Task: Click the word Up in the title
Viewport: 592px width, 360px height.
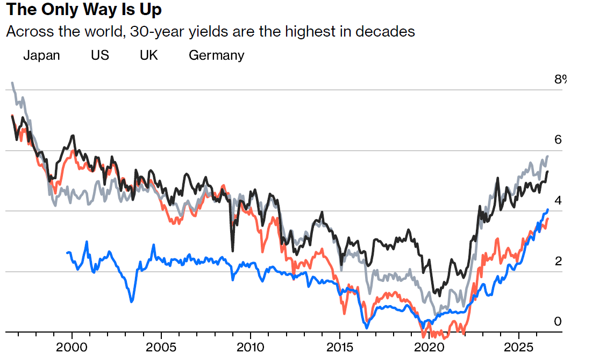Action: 151,10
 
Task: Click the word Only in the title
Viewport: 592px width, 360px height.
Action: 58,9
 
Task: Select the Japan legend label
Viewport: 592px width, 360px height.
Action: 41,55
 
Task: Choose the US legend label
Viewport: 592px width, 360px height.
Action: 100,55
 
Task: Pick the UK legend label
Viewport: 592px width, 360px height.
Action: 149,55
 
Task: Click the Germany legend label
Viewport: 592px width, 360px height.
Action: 216,55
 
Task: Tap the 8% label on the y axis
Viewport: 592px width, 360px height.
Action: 560,79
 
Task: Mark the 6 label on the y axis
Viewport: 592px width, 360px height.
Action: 558,140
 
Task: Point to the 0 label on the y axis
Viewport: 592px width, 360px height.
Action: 558,321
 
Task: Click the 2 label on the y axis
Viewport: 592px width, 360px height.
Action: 558,261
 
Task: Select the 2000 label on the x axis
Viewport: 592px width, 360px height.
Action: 72,347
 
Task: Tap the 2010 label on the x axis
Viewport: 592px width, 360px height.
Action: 251,347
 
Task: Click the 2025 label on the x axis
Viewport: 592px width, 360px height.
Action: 519,347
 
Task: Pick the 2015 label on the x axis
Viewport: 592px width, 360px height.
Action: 340,347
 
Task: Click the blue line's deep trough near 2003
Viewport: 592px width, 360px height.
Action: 131,301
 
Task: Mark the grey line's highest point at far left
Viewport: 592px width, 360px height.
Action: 12,83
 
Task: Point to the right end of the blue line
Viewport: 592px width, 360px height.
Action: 547,210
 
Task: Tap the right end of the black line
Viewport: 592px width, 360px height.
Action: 547,172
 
